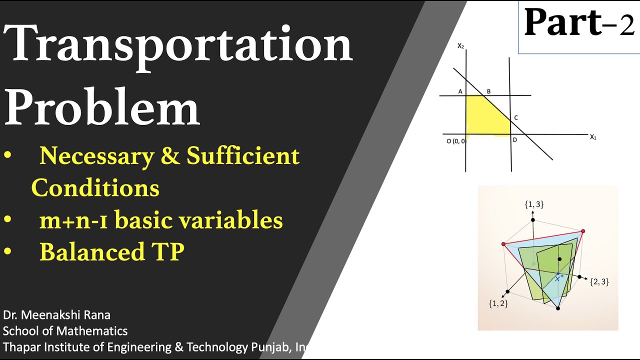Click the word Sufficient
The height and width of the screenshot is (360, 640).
pyautogui.click(x=243, y=156)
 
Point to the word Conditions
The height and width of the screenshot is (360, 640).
pyautogui.click(x=95, y=188)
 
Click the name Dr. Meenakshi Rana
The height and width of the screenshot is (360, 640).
pyautogui.click(x=56, y=315)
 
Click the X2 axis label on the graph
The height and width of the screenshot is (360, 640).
pyautogui.click(x=461, y=45)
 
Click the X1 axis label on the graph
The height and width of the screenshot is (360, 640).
pyautogui.click(x=593, y=137)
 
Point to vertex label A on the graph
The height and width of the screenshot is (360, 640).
pyautogui.click(x=460, y=91)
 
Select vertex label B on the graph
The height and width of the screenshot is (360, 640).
pyautogui.click(x=488, y=91)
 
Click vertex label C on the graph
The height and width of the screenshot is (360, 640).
pyautogui.click(x=515, y=117)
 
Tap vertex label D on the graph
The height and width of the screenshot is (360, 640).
pyautogui.click(x=514, y=139)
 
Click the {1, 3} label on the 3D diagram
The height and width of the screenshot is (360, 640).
pyautogui.click(x=533, y=204)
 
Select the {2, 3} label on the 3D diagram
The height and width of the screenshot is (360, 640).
pyautogui.click(x=599, y=282)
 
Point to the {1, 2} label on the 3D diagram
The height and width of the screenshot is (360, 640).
pyautogui.click(x=498, y=303)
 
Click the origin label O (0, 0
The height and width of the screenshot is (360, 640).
pyautogui.click(x=455, y=141)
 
